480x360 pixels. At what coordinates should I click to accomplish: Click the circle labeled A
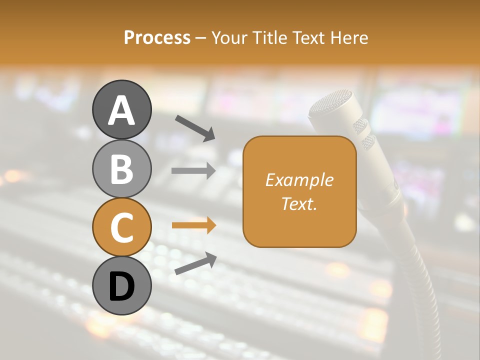[121, 109]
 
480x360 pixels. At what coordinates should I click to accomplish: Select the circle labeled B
[121, 168]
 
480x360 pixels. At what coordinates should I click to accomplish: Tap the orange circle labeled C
[121, 227]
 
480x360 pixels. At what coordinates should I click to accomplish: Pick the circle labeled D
[121, 285]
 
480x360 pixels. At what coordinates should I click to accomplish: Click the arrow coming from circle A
[195, 127]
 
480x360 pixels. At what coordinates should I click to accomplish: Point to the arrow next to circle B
[193, 171]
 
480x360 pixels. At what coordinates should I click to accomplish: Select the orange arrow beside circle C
[193, 225]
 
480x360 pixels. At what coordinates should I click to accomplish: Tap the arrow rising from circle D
[195, 263]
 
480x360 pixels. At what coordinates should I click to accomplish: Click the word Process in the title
[157, 37]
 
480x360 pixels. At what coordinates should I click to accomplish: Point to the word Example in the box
[299, 180]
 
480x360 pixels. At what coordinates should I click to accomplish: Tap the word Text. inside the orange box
[299, 203]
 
